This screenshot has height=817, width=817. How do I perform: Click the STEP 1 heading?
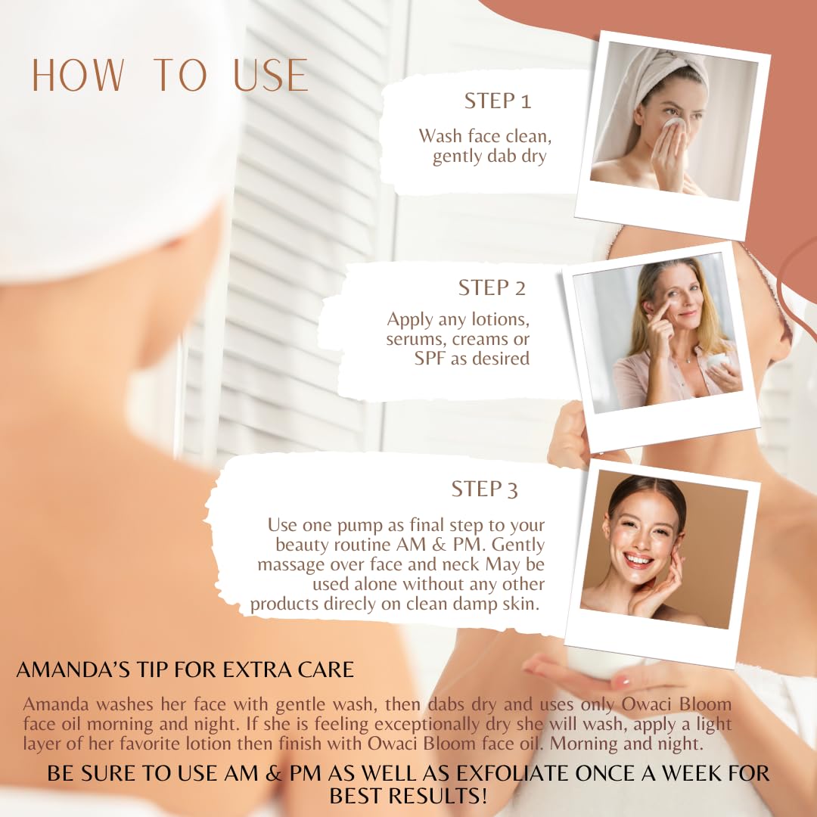pos(498,101)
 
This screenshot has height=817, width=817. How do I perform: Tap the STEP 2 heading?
pos(492,287)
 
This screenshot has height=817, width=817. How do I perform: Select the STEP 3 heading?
pos(485,489)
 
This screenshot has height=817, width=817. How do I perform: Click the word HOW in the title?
pos(78,75)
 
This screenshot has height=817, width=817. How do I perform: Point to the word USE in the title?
pos(270,75)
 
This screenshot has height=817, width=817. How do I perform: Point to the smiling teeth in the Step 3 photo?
pos(638,561)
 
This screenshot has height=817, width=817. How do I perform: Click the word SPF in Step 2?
pos(430,359)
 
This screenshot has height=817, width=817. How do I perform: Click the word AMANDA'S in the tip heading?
pos(73,669)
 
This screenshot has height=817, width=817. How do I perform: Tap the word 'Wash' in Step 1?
pos(440,136)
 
